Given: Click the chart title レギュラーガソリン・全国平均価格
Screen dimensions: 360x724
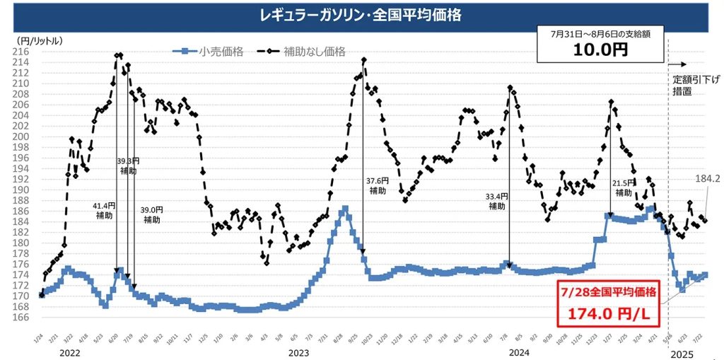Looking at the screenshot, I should (x=361, y=14).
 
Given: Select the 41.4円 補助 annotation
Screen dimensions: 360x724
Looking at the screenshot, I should (x=104, y=210).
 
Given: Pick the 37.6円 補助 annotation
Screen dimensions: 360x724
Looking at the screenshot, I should (x=377, y=185).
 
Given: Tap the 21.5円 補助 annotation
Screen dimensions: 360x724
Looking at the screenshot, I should (x=624, y=187).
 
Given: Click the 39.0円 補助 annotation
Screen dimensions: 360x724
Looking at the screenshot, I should (x=151, y=215).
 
